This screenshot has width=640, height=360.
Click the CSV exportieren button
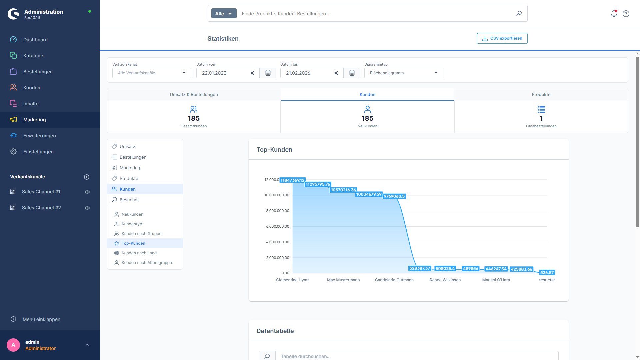[x=502, y=38]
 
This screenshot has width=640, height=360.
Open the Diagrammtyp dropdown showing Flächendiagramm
[x=404, y=73]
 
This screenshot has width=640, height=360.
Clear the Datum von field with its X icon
[x=252, y=73]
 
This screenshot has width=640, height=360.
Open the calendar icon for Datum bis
[x=352, y=73]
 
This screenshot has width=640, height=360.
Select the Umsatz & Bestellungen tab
[x=194, y=95]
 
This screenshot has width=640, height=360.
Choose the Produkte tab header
[x=541, y=95]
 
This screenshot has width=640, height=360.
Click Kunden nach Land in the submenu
[x=139, y=253]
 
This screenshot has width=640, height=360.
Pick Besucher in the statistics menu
[x=129, y=200]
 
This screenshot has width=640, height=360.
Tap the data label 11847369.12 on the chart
[x=292, y=180]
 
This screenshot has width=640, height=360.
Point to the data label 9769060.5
[x=394, y=196]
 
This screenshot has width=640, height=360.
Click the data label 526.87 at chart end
[x=547, y=273]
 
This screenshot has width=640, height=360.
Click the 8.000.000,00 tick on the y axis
[x=277, y=211]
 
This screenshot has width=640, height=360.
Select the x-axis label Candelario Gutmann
[x=394, y=280]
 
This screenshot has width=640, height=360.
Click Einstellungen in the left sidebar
[x=38, y=152]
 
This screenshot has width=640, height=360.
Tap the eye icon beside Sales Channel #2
[x=87, y=208]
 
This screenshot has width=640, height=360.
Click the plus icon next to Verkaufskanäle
[x=87, y=177]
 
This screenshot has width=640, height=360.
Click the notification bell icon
[x=614, y=14]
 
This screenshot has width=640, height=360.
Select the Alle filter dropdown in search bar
[x=224, y=14]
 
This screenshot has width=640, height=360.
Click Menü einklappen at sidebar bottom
[x=41, y=319]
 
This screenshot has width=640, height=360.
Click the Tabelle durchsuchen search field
[x=417, y=356]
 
